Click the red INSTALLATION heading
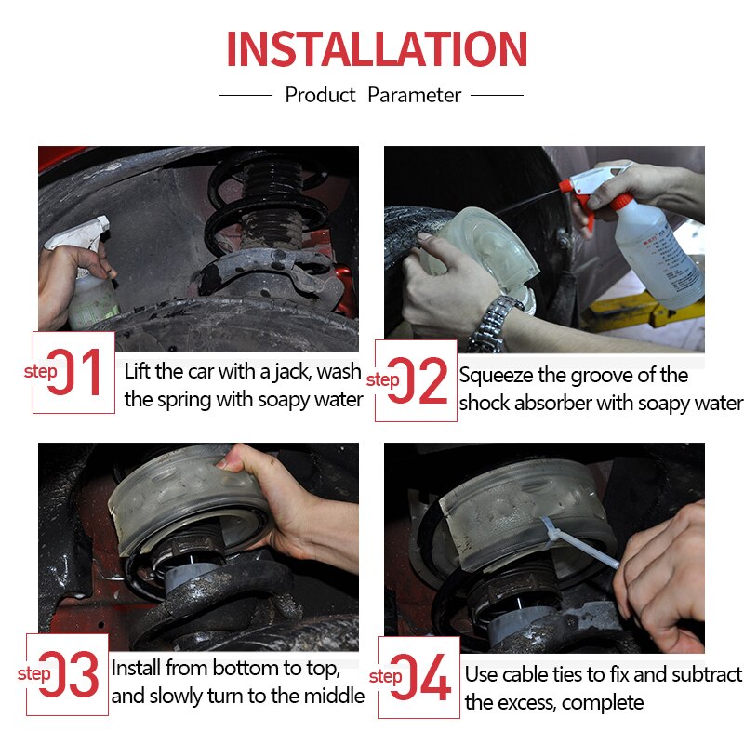[x=377, y=48]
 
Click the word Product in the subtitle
[x=320, y=96]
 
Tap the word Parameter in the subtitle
[x=414, y=96]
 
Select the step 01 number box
[x=73, y=373]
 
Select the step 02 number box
[x=416, y=380]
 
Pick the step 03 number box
[x=67, y=674]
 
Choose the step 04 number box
[x=419, y=677]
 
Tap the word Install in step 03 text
[x=136, y=668]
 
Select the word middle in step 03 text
[x=334, y=696]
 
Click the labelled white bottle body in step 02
[x=659, y=257]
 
